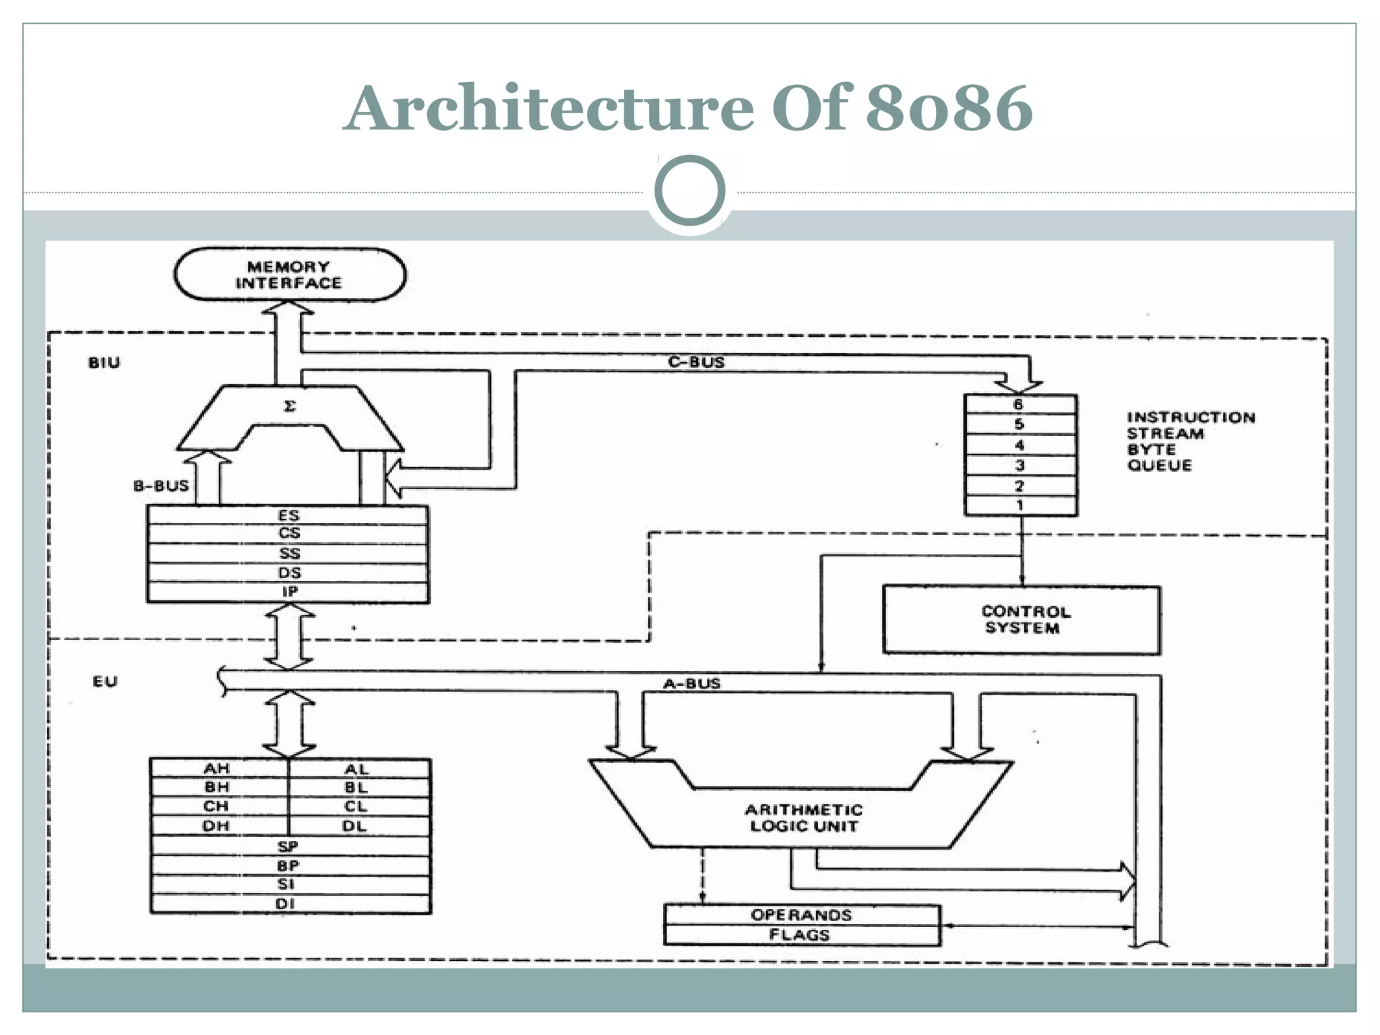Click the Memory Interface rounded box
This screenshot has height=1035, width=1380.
pyautogui.click(x=289, y=275)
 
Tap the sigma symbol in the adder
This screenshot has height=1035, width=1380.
pyautogui.click(x=290, y=406)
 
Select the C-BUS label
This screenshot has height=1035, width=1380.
pyautogui.click(x=696, y=362)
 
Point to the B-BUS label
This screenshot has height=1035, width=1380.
pyautogui.click(x=161, y=486)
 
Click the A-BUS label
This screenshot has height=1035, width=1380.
pyautogui.click(x=692, y=683)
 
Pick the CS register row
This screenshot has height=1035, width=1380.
pyautogui.click(x=288, y=533)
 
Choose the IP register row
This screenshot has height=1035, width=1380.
pyautogui.click(x=288, y=592)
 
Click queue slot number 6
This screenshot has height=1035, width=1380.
pyautogui.click(x=1020, y=404)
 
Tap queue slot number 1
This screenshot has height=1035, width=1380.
pyautogui.click(x=1020, y=505)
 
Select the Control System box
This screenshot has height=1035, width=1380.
pyautogui.click(x=1021, y=620)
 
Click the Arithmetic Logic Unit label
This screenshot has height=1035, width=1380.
pyautogui.click(x=803, y=817)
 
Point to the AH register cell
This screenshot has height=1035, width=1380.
pyautogui.click(x=217, y=769)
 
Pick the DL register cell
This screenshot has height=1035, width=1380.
pyautogui.click(x=355, y=826)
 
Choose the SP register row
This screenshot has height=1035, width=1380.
pyautogui.click(x=288, y=846)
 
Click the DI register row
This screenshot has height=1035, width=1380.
pyautogui.click(x=286, y=904)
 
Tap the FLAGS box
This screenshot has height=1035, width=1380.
pyautogui.click(x=800, y=935)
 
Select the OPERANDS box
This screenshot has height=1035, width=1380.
pyautogui.click(x=801, y=915)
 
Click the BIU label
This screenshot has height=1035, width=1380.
pyautogui.click(x=104, y=363)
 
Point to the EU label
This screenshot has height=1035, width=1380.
pyautogui.click(x=105, y=681)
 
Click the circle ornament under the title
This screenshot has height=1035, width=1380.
pyautogui.click(x=689, y=191)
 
